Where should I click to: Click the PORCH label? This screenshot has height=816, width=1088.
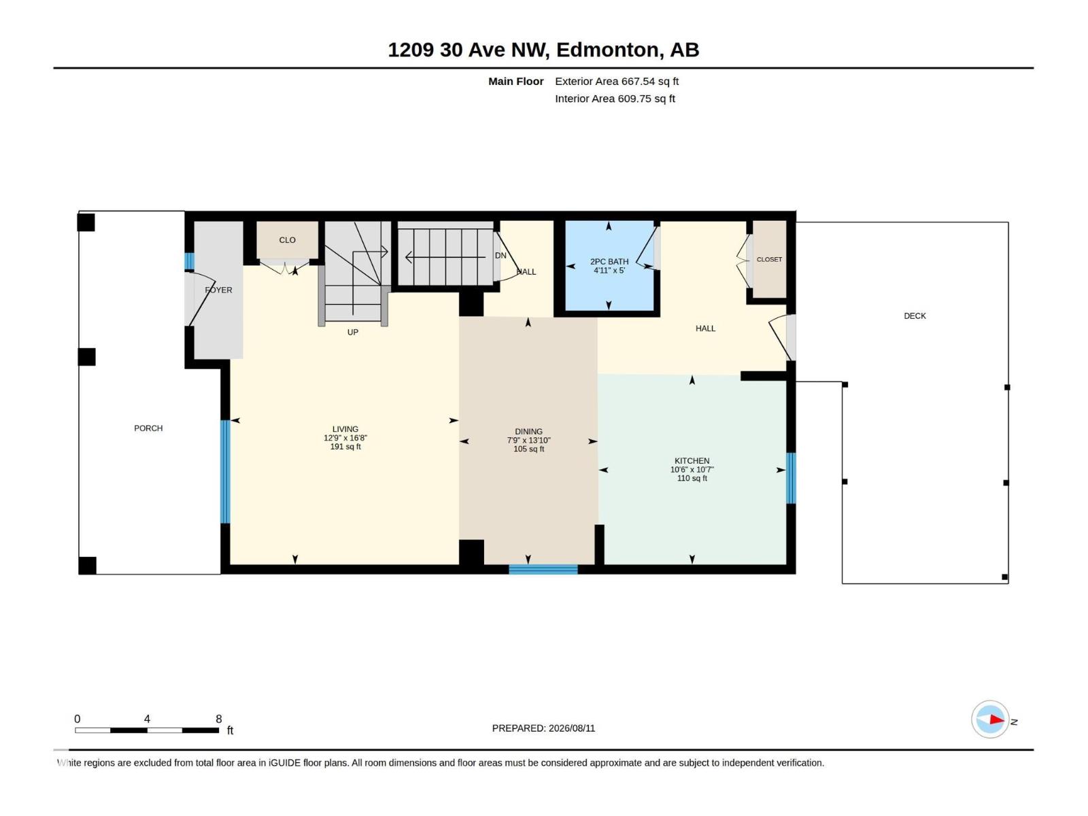pyautogui.click(x=148, y=428)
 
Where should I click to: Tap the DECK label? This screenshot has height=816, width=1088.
pyautogui.click(x=915, y=316)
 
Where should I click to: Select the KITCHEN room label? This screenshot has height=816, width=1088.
pyautogui.click(x=692, y=461)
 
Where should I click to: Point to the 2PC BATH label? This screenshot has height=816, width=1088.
pyautogui.click(x=609, y=262)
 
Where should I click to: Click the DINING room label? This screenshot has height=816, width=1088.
pyautogui.click(x=528, y=432)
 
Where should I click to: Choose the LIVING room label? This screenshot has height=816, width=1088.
pyautogui.click(x=345, y=429)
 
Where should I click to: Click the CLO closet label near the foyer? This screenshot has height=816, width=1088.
pyautogui.click(x=287, y=240)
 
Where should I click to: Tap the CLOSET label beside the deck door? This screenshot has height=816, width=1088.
pyautogui.click(x=769, y=259)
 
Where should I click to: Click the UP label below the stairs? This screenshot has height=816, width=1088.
pyautogui.click(x=352, y=332)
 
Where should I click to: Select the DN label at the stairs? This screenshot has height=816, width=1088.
pyautogui.click(x=500, y=256)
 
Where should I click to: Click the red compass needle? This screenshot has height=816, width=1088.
pyautogui.click(x=997, y=719)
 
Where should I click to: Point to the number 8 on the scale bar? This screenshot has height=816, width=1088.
pyautogui.click(x=218, y=719)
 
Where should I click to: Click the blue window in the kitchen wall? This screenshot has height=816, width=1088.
pyautogui.click(x=791, y=478)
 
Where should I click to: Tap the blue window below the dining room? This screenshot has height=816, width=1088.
pyautogui.click(x=543, y=569)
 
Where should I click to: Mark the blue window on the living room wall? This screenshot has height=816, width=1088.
pyautogui.click(x=225, y=472)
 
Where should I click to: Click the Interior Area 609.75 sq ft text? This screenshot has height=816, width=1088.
pyautogui.click(x=615, y=99)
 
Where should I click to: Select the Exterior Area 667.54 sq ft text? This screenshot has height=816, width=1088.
pyautogui.click(x=617, y=81)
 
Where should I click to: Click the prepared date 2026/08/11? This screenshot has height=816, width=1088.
pyautogui.click(x=571, y=728)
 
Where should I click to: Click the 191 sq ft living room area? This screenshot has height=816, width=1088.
pyautogui.click(x=345, y=446)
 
